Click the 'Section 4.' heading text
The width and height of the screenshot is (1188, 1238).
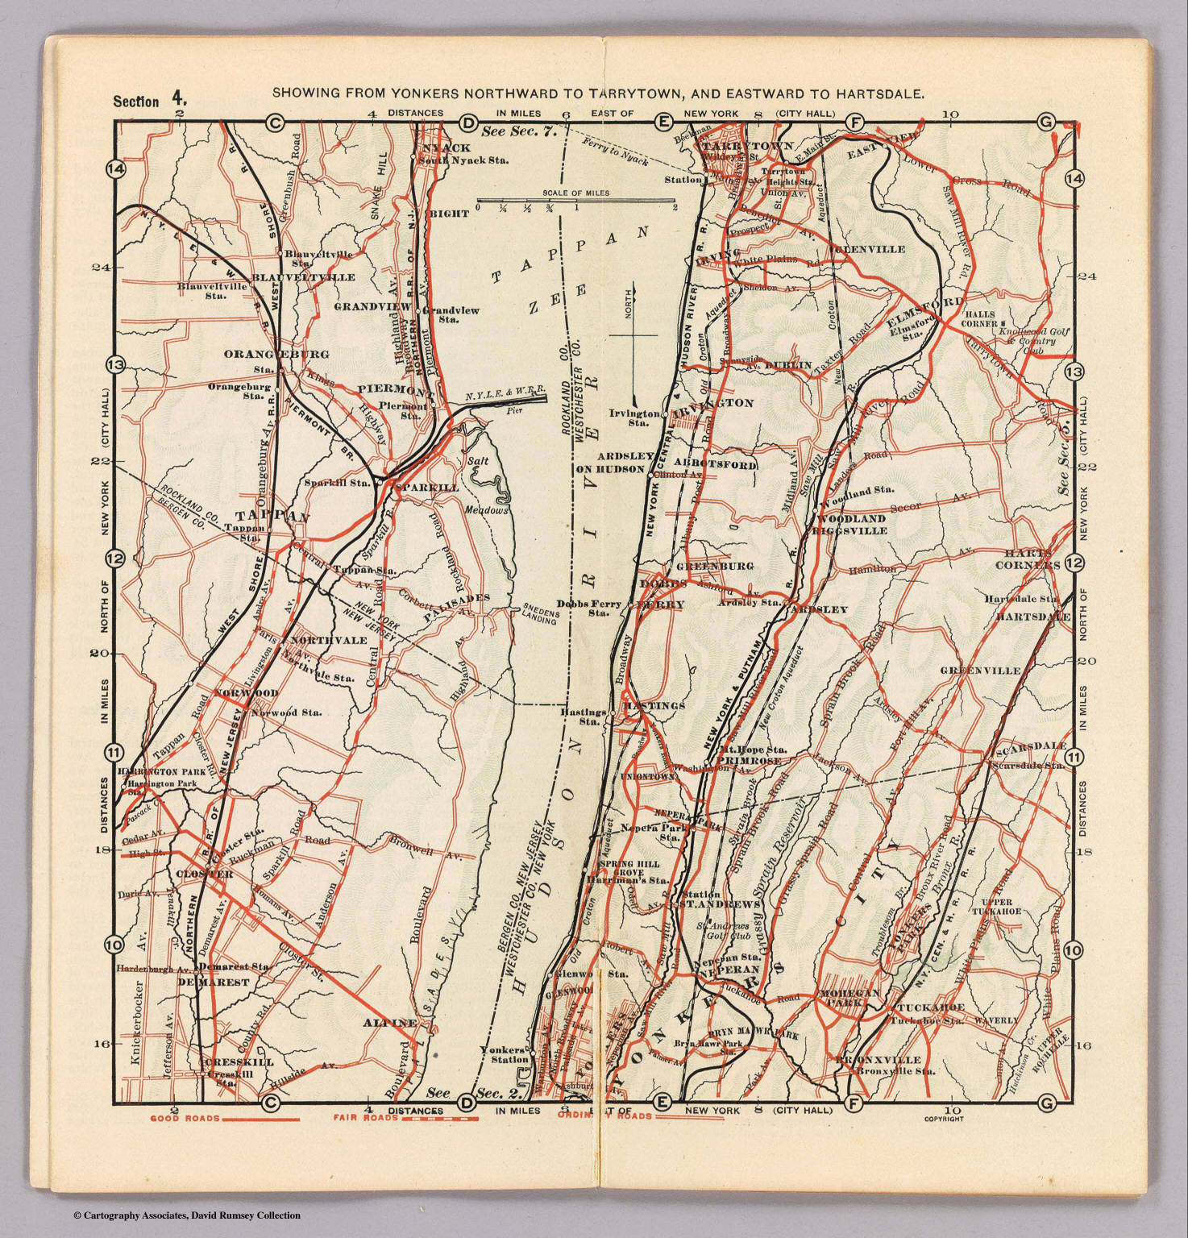point(150,101)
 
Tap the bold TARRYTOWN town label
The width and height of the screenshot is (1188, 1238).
point(738,147)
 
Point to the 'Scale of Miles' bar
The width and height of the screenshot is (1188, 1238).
point(575,201)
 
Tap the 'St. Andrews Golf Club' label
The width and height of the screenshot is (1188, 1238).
point(723,931)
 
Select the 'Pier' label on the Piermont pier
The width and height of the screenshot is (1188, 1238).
point(509,410)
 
